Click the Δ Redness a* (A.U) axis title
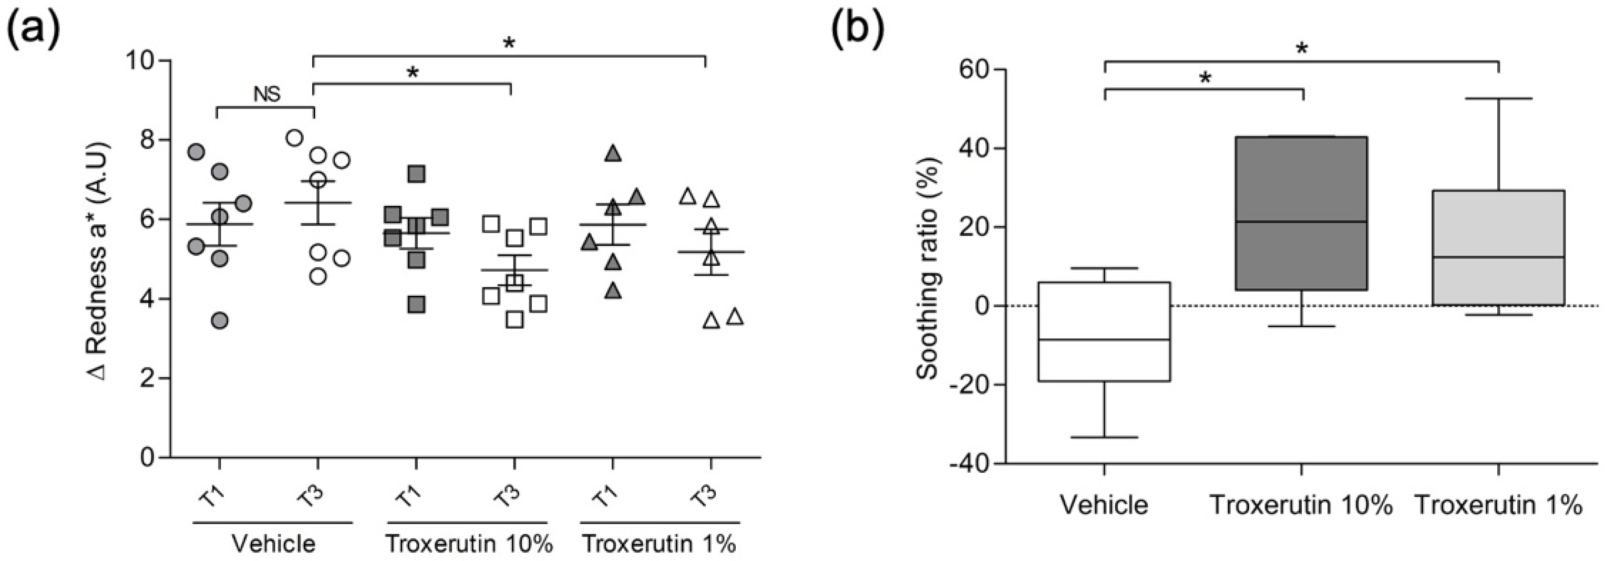point(100,262)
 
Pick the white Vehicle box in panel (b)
point(1104,331)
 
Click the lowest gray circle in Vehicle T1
point(219,320)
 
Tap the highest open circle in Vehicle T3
point(295,138)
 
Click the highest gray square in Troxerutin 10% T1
point(417,174)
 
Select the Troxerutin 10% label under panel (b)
point(1301,505)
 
